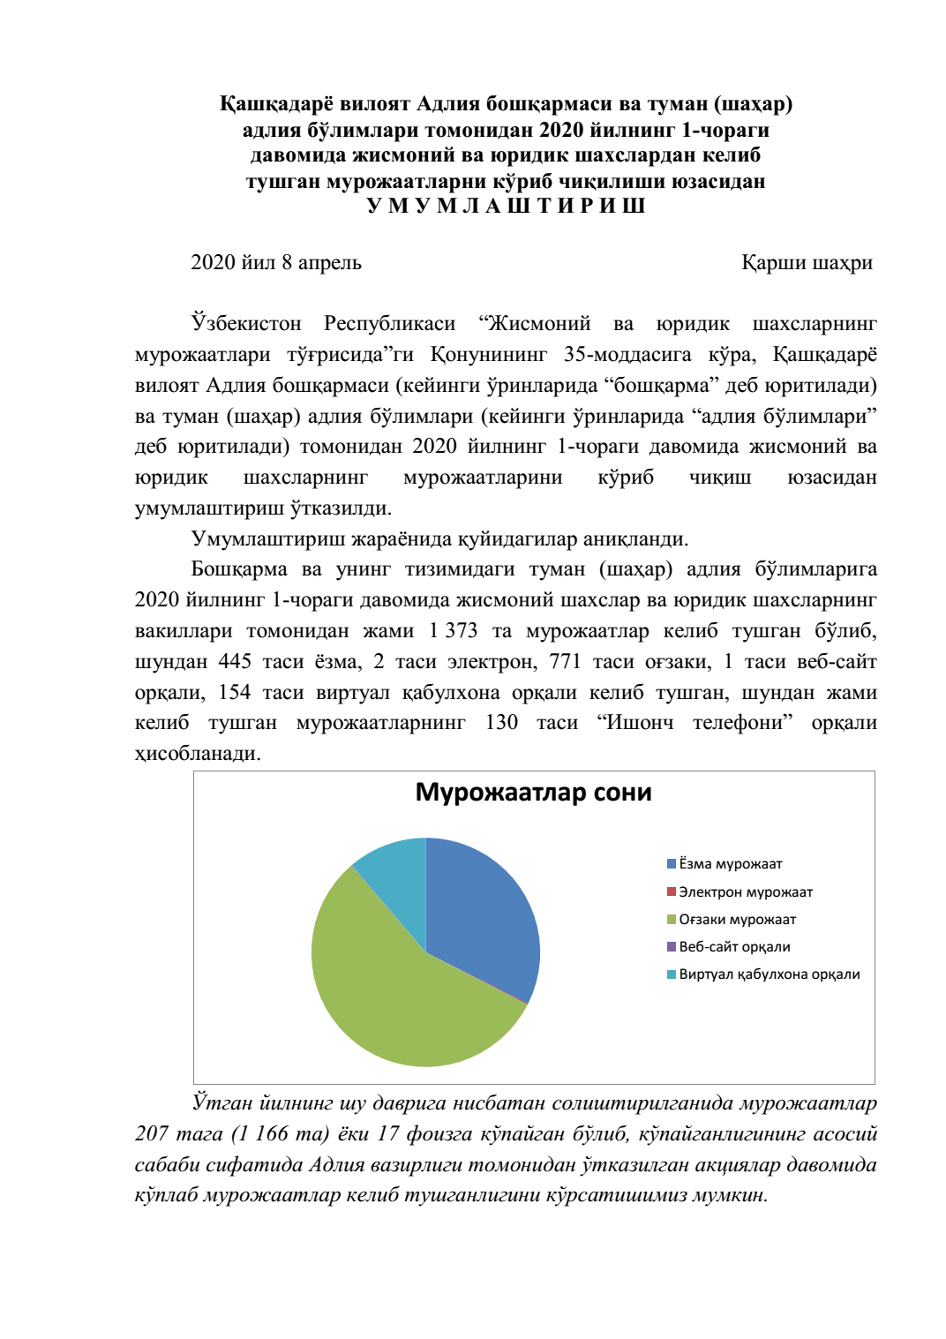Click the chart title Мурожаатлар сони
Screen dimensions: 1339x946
click(x=533, y=793)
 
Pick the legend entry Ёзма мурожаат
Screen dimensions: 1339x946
click(x=730, y=864)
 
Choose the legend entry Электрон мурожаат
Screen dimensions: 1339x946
click(x=745, y=892)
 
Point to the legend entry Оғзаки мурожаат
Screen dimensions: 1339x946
click(x=737, y=920)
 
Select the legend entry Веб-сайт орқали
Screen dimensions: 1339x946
click(x=734, y=947)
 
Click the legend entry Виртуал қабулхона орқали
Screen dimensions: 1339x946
click(x=769, y=974)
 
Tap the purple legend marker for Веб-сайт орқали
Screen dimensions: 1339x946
click(x=672, y=947)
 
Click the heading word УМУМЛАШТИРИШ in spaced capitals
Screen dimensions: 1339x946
click(x=506, y=207)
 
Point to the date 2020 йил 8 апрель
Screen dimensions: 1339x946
click(x=276, y=263)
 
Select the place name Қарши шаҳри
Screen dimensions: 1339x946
click(x=807, y=263)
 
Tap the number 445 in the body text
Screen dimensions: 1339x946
click(x=235, y=662)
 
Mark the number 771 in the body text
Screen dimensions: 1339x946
click(x=565, y=662)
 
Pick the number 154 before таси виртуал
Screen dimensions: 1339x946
click(x=234, y=693)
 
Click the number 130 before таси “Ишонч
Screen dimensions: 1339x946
click(x=501, y=723)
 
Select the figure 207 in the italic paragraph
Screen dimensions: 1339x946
click(x=152, y=1134)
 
